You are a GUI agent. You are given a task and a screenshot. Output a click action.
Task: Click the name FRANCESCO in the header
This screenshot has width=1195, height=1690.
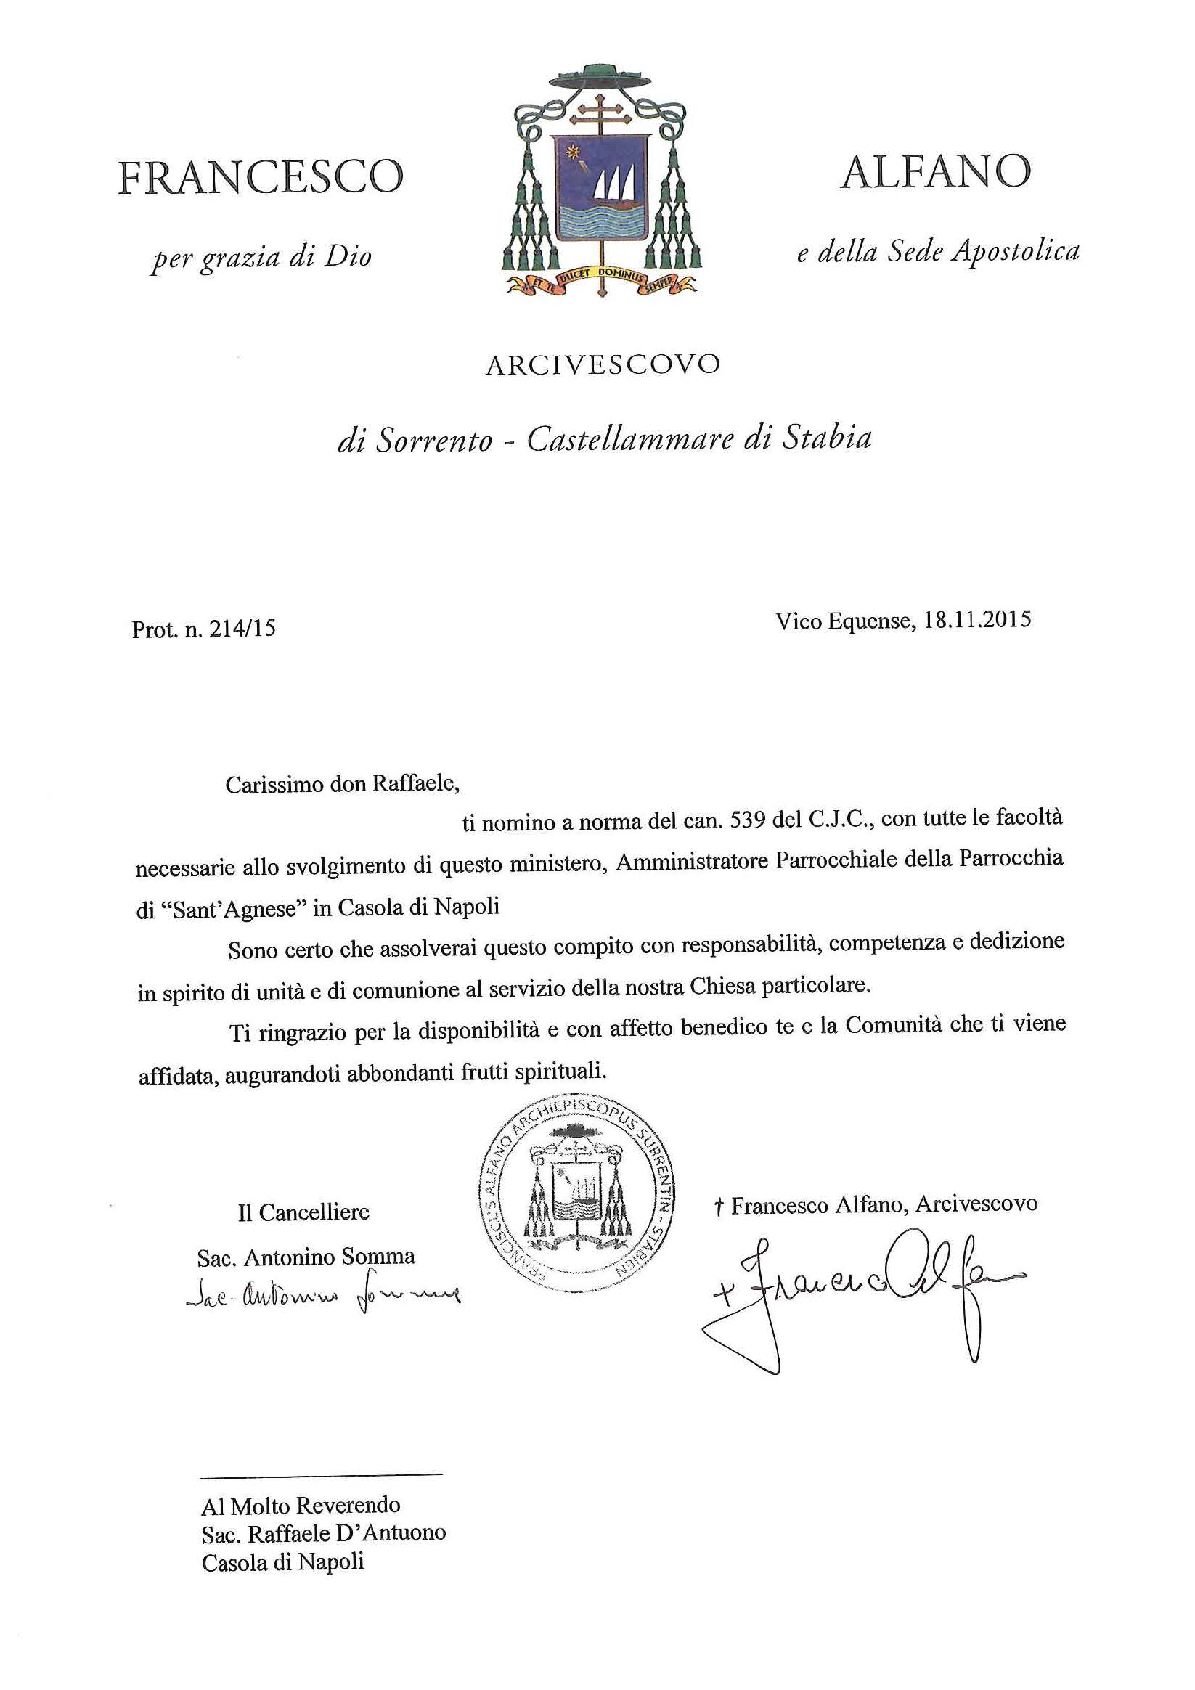pos(261,177)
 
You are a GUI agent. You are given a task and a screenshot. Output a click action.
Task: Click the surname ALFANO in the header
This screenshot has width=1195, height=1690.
pos(935,171)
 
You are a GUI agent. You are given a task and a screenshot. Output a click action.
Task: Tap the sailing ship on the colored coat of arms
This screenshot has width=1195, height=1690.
pos(614,188)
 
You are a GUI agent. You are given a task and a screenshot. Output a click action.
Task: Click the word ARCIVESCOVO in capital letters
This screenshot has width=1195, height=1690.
pos(603,365)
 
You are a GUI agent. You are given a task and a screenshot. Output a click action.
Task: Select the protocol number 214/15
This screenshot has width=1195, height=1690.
pos(242,629)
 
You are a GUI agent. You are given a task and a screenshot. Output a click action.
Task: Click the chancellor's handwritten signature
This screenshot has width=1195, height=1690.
pos(324,1296)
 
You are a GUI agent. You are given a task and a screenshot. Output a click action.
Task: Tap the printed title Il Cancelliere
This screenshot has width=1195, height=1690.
pos(303,1212)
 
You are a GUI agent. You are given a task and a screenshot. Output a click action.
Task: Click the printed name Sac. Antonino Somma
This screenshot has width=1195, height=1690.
pos(306,1257)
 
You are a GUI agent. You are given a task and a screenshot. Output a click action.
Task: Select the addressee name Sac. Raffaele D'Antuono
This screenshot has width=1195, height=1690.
pos(323,1533)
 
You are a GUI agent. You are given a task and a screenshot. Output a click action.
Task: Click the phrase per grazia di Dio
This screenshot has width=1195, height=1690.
pos(261,258)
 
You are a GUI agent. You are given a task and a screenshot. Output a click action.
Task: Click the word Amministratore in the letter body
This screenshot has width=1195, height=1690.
pos(692,860)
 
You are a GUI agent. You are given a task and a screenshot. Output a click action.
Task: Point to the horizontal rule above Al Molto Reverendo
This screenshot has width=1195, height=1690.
pos(322,1474)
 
